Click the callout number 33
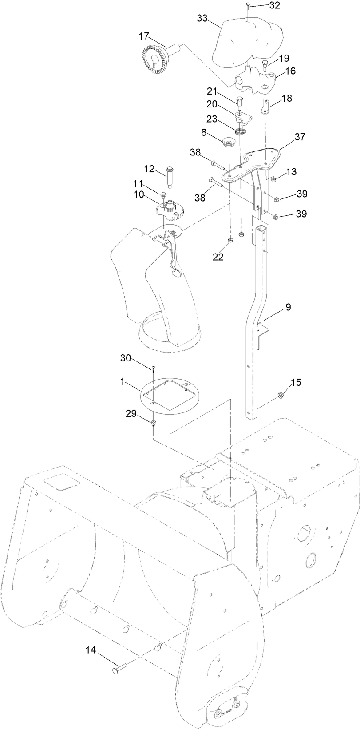202,18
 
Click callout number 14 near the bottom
91,649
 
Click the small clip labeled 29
153,421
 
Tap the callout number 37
300,137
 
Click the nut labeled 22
230,241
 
